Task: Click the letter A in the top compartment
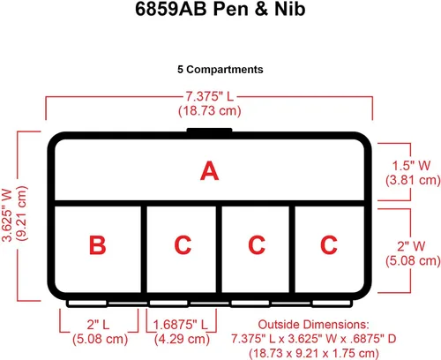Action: [x=210, y=170]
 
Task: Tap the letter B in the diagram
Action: [x=97, y=244]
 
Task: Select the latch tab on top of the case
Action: [x=210, y=131]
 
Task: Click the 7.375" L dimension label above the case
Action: [x=209, y=96]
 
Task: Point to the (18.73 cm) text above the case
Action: [x=210, y=110]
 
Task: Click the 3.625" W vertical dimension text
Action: [x=7, y=215]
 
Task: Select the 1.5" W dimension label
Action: [x=411, y=166]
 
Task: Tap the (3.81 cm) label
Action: [x=413, y=180]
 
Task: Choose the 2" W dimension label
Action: [x=411, y=246]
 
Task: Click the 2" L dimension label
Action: [x=98, y=325]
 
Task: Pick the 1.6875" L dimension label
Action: [x=181, y=325]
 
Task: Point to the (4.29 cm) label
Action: [x=182, y=339]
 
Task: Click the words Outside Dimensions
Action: [x=313, y=325]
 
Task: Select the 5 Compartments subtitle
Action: [x=220, y=70]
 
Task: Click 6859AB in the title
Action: [x=171, y=9]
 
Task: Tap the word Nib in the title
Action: [x=290, y=9]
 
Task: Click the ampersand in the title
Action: [x=261, y=9]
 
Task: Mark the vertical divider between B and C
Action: [x=144, y=250]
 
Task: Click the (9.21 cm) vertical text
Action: [x=21, y=214]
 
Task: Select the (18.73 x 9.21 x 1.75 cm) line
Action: [x=314, y=353]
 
